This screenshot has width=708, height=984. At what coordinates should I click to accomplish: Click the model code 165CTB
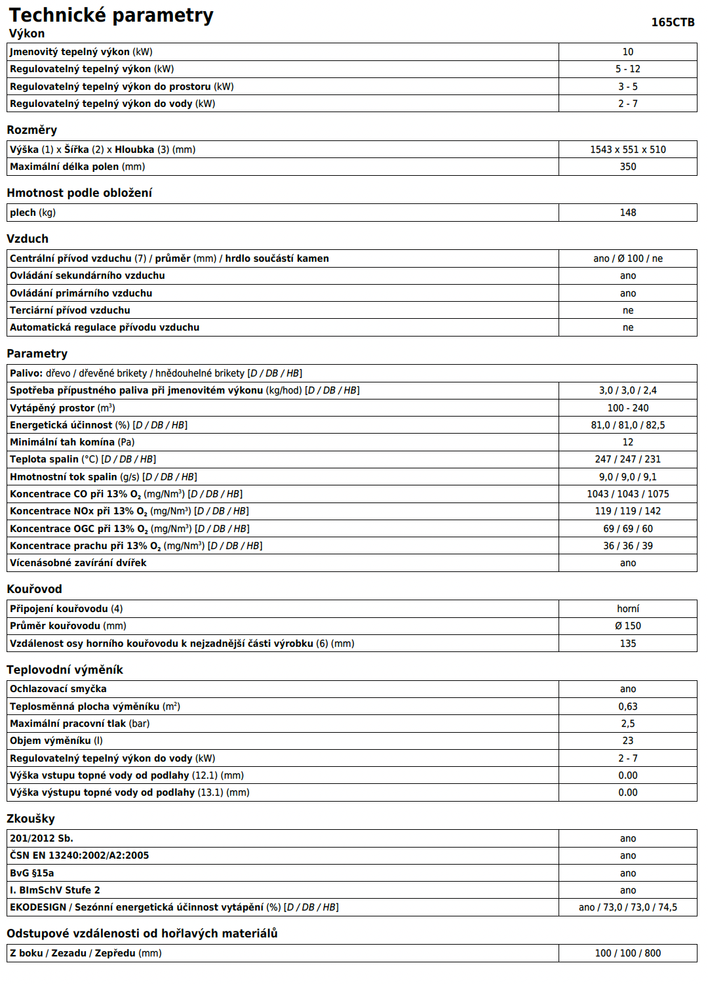coord(673,22)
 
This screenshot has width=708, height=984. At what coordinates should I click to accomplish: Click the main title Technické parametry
coord(111,15)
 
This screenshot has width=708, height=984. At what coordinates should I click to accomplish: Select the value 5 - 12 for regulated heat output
coord(627,69)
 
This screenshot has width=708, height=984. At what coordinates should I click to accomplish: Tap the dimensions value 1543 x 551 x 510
coord(627,150)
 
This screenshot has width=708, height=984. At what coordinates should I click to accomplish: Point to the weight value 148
coord(627,213)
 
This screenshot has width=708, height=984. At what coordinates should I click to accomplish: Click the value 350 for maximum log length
coord(627,167)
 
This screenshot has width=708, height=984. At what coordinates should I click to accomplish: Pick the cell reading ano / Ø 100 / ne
coord(627,258)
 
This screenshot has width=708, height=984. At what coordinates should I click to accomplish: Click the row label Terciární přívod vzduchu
coord(70,310)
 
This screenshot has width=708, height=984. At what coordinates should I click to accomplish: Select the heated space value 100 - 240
coord(627,408)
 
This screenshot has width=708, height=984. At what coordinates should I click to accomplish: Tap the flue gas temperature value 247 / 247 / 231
coord(627,459)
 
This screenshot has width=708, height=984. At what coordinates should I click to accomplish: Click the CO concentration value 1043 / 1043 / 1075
coord(627,494)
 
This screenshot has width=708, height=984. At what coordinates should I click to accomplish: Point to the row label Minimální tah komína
coord(62,442)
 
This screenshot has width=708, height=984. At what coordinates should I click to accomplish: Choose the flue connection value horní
coord(627,609)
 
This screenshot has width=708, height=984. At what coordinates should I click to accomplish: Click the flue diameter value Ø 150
coord(627,626)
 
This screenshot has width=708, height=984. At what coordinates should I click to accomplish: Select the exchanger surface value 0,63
coord(627,707)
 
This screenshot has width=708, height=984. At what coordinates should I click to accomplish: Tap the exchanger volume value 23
coord(627,741)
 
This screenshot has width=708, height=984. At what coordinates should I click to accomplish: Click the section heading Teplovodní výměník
coord(65,670)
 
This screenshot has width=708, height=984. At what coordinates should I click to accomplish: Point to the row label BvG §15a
coord(32,873)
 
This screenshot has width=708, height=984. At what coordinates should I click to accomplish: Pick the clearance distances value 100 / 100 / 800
coord(627,953)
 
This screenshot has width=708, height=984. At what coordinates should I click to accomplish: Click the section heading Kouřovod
coord(34,589)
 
